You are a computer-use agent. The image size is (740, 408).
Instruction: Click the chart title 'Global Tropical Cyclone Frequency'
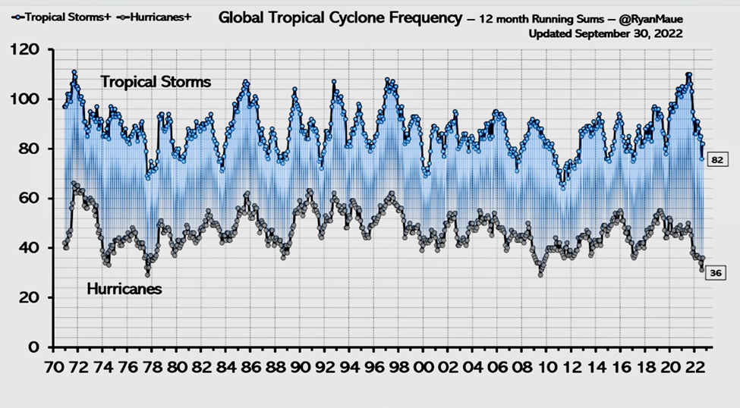click(340, 17)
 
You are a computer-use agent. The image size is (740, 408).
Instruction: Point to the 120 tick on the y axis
click(30, 50)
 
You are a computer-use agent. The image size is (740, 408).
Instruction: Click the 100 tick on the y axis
click(30, 99)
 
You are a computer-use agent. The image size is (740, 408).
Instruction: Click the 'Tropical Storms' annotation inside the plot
click(156, 81)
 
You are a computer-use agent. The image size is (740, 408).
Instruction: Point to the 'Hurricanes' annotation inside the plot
click(124, 289)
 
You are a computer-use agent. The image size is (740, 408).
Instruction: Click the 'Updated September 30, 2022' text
click(606, 33)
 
